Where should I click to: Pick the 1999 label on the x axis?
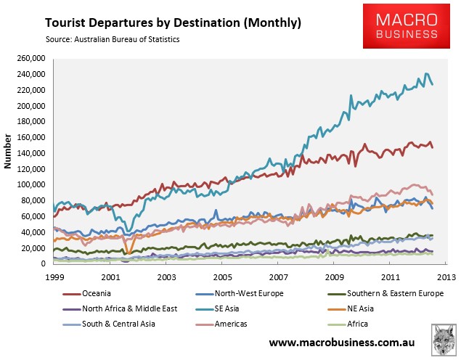pos(54,277)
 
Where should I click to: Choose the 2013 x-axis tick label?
pos(446,277)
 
